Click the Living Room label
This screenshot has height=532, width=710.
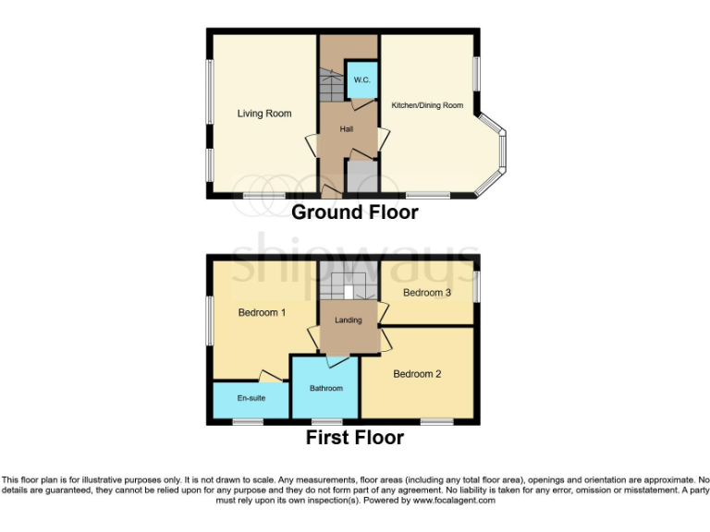[263, 114]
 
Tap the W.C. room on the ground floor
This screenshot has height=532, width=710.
[361, 81]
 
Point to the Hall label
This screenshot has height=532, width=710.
[347, 129]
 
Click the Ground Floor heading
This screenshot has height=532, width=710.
[355, 212]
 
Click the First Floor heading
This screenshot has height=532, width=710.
[355, 438]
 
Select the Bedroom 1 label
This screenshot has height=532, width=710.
[262, 312]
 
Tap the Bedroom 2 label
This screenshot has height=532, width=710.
[417, 374]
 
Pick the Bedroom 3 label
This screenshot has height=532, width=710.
[427, 293]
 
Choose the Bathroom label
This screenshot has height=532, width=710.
[325, 388]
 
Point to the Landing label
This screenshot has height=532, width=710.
[349, 320]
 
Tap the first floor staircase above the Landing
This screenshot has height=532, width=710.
[349, 286]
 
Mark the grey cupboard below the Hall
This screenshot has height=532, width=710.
[360, 176]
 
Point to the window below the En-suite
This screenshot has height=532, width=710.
[247, 422]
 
